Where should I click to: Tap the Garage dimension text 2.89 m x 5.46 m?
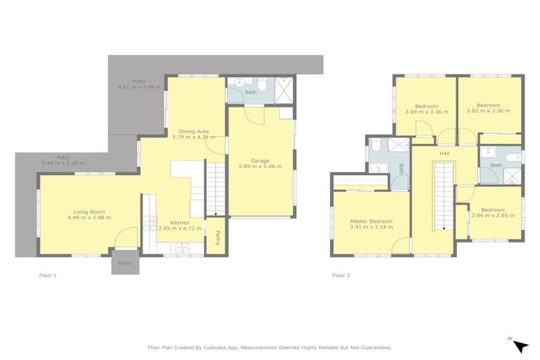(x=259, y=167)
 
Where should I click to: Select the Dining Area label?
(x=193, y=131)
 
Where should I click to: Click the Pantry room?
(x=217, y=237)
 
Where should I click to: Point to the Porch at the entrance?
(x=125, y=263)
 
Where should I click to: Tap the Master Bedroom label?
(x=371, y=221)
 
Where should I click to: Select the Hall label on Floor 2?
(x=444, y=153)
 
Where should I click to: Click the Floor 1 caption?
(x=47, y=275)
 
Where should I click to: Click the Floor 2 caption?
(x=341, y=275)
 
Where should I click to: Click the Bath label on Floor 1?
(x=250, y=92)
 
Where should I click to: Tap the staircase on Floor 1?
(x=214, y=188)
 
